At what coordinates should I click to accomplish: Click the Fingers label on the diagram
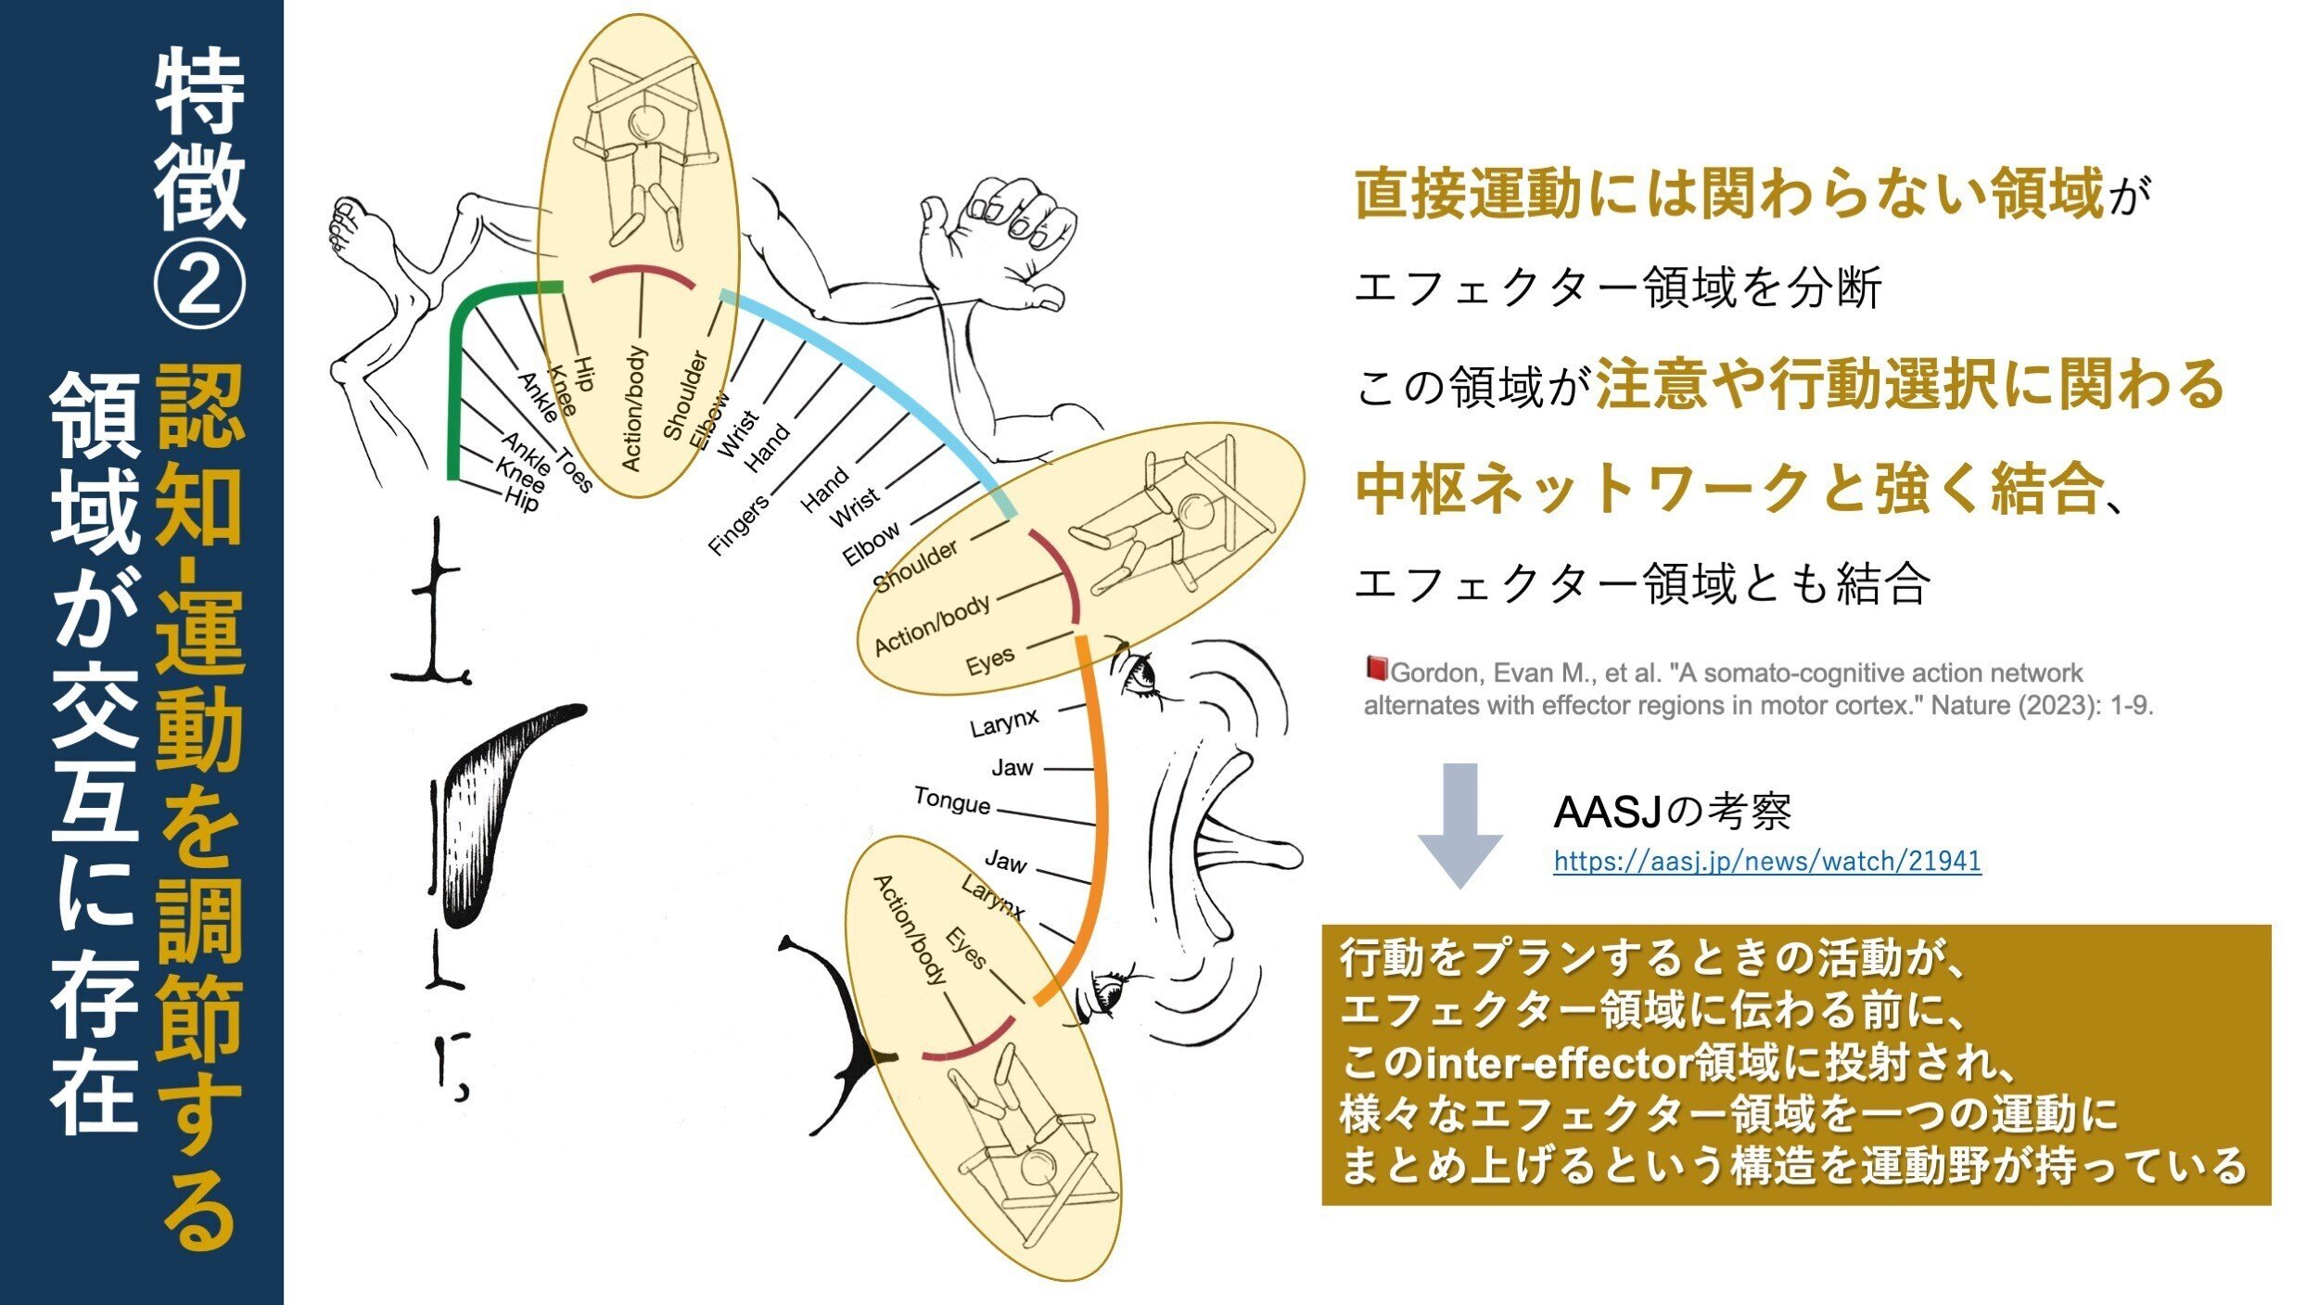click(x=739, y=525)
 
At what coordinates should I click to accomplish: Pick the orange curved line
click(x=1100, y=816)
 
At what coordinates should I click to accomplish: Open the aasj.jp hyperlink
click(x=1767, y=862)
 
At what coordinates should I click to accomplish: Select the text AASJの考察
click(x=1672, y=812)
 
